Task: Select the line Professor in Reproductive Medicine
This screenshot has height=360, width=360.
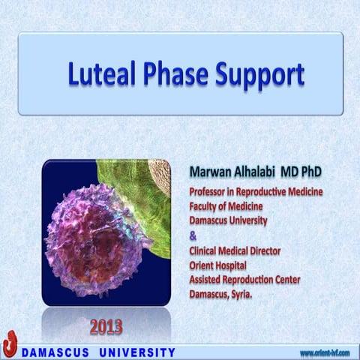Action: click(x=256, y=192)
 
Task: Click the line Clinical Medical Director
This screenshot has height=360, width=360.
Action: click(x=236, y=251)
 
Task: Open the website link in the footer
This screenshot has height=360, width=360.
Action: click(x=324, y=352)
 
